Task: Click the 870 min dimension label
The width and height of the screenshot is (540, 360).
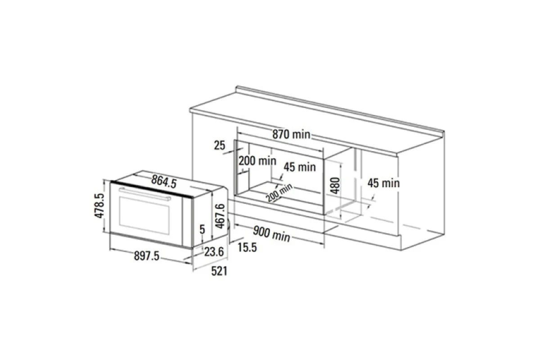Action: click(291, 134)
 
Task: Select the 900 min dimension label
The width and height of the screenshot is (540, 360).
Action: click(271, 234)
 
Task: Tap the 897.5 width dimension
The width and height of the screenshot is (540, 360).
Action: click(147, 256)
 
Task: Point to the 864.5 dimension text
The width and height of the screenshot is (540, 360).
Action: click(164, 181)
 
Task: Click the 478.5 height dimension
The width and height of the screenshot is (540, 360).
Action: click(99, 206)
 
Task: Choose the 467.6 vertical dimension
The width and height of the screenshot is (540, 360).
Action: click(220, 216)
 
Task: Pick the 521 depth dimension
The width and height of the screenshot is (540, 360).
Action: click(219, 271)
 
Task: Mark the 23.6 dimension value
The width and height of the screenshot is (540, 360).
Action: click(214, 252)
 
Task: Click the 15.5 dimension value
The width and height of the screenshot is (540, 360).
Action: click(247, 247)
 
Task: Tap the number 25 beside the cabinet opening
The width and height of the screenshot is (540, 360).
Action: click(220, 145)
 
